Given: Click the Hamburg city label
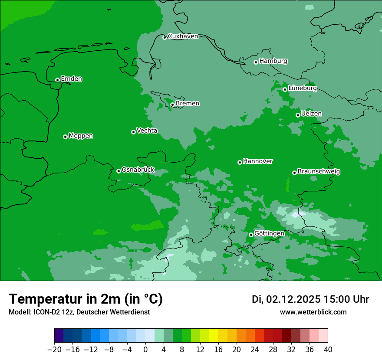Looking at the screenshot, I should pyautogui.click(x=273, y=61).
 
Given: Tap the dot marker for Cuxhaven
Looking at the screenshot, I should pyautogui.click(x=165, y=37).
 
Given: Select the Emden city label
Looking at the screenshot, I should pyautogui.click(x=71, y=79).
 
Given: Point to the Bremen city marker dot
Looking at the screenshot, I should pyautogui.click(x=172, y=105).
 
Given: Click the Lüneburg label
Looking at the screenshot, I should pyautogui.click(x=302, y=88).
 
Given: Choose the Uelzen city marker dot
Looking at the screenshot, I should pyautogui.click(x=298, y=115).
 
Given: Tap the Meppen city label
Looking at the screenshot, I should pyautogui.click(x=81, y=136).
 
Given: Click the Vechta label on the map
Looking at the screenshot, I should pyautogui.click(x=147, y=131).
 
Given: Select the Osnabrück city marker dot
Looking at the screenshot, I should pyautogui.click(x=119, y=171).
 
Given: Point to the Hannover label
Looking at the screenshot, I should pyautogui.click(x=257, y=161).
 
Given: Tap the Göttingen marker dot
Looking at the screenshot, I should pyautogui.click(x=251, y=235).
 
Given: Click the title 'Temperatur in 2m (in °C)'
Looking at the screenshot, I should pyautogui.click(x=86, y=299).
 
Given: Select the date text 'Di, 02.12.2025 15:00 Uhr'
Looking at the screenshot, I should pyautogui.click(x=310, y=299).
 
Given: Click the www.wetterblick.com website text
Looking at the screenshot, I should pyautogui.click(x=313, y=312).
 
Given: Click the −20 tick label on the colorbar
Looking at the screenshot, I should pyautogui.click(x=54, y=349).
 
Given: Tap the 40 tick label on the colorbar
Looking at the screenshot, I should pyautogui.click(x=328, y=349).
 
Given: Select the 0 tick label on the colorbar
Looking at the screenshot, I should pyautogui.click(x=145, y=349).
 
